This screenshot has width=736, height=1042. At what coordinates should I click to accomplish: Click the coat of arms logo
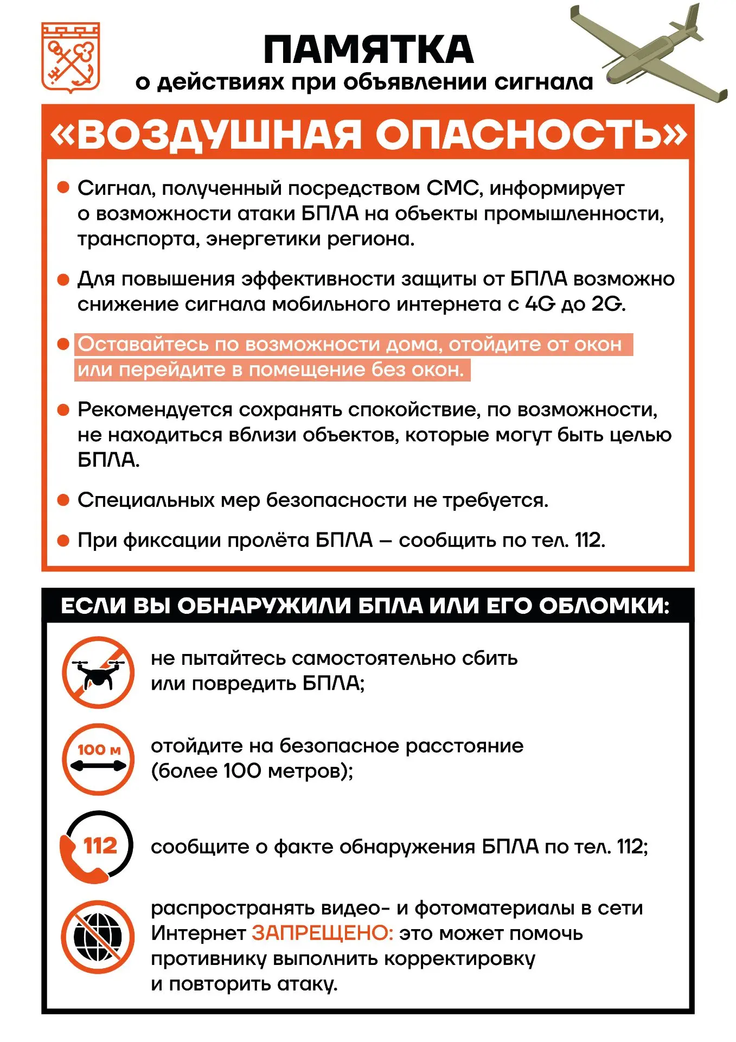[x=71, y=57]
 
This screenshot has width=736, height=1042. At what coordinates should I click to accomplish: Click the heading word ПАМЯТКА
[x=368, y=50]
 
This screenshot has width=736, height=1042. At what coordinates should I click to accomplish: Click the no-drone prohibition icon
[x=98, y=672]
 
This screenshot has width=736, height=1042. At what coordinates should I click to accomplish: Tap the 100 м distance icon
[x=98, y=759]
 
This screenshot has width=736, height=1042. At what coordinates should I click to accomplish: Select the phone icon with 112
[x=97, y=846]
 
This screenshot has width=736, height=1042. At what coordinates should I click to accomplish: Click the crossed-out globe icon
[x=98, y=937]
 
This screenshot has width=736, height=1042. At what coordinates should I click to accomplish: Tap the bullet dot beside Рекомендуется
[x=63, y=410]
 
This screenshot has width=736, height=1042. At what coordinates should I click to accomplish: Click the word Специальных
[x=146, y=500]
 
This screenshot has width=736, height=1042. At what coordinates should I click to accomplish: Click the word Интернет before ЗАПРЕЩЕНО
[x=199, y=933]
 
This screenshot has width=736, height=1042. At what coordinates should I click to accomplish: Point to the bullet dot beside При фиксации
[x=63, y=541]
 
